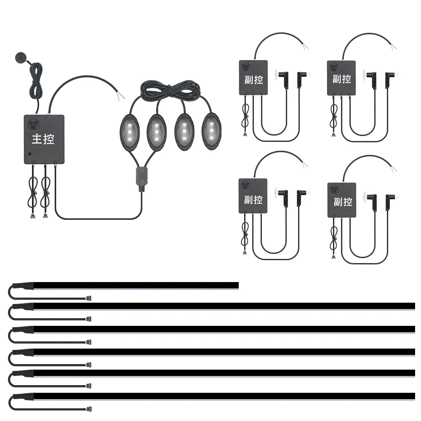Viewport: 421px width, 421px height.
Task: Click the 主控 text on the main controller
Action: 43,139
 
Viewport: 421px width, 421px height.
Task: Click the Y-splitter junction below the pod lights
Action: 141,179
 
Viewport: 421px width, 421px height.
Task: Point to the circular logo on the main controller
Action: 34,124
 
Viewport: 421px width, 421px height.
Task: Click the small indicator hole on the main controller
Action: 29,154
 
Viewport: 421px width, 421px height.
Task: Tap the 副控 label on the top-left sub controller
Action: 253,79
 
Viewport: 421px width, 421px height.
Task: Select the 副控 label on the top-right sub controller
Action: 342,79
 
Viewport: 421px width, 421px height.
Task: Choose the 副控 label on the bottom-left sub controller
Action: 253,199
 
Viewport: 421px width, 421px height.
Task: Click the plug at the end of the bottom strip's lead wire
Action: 89,408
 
